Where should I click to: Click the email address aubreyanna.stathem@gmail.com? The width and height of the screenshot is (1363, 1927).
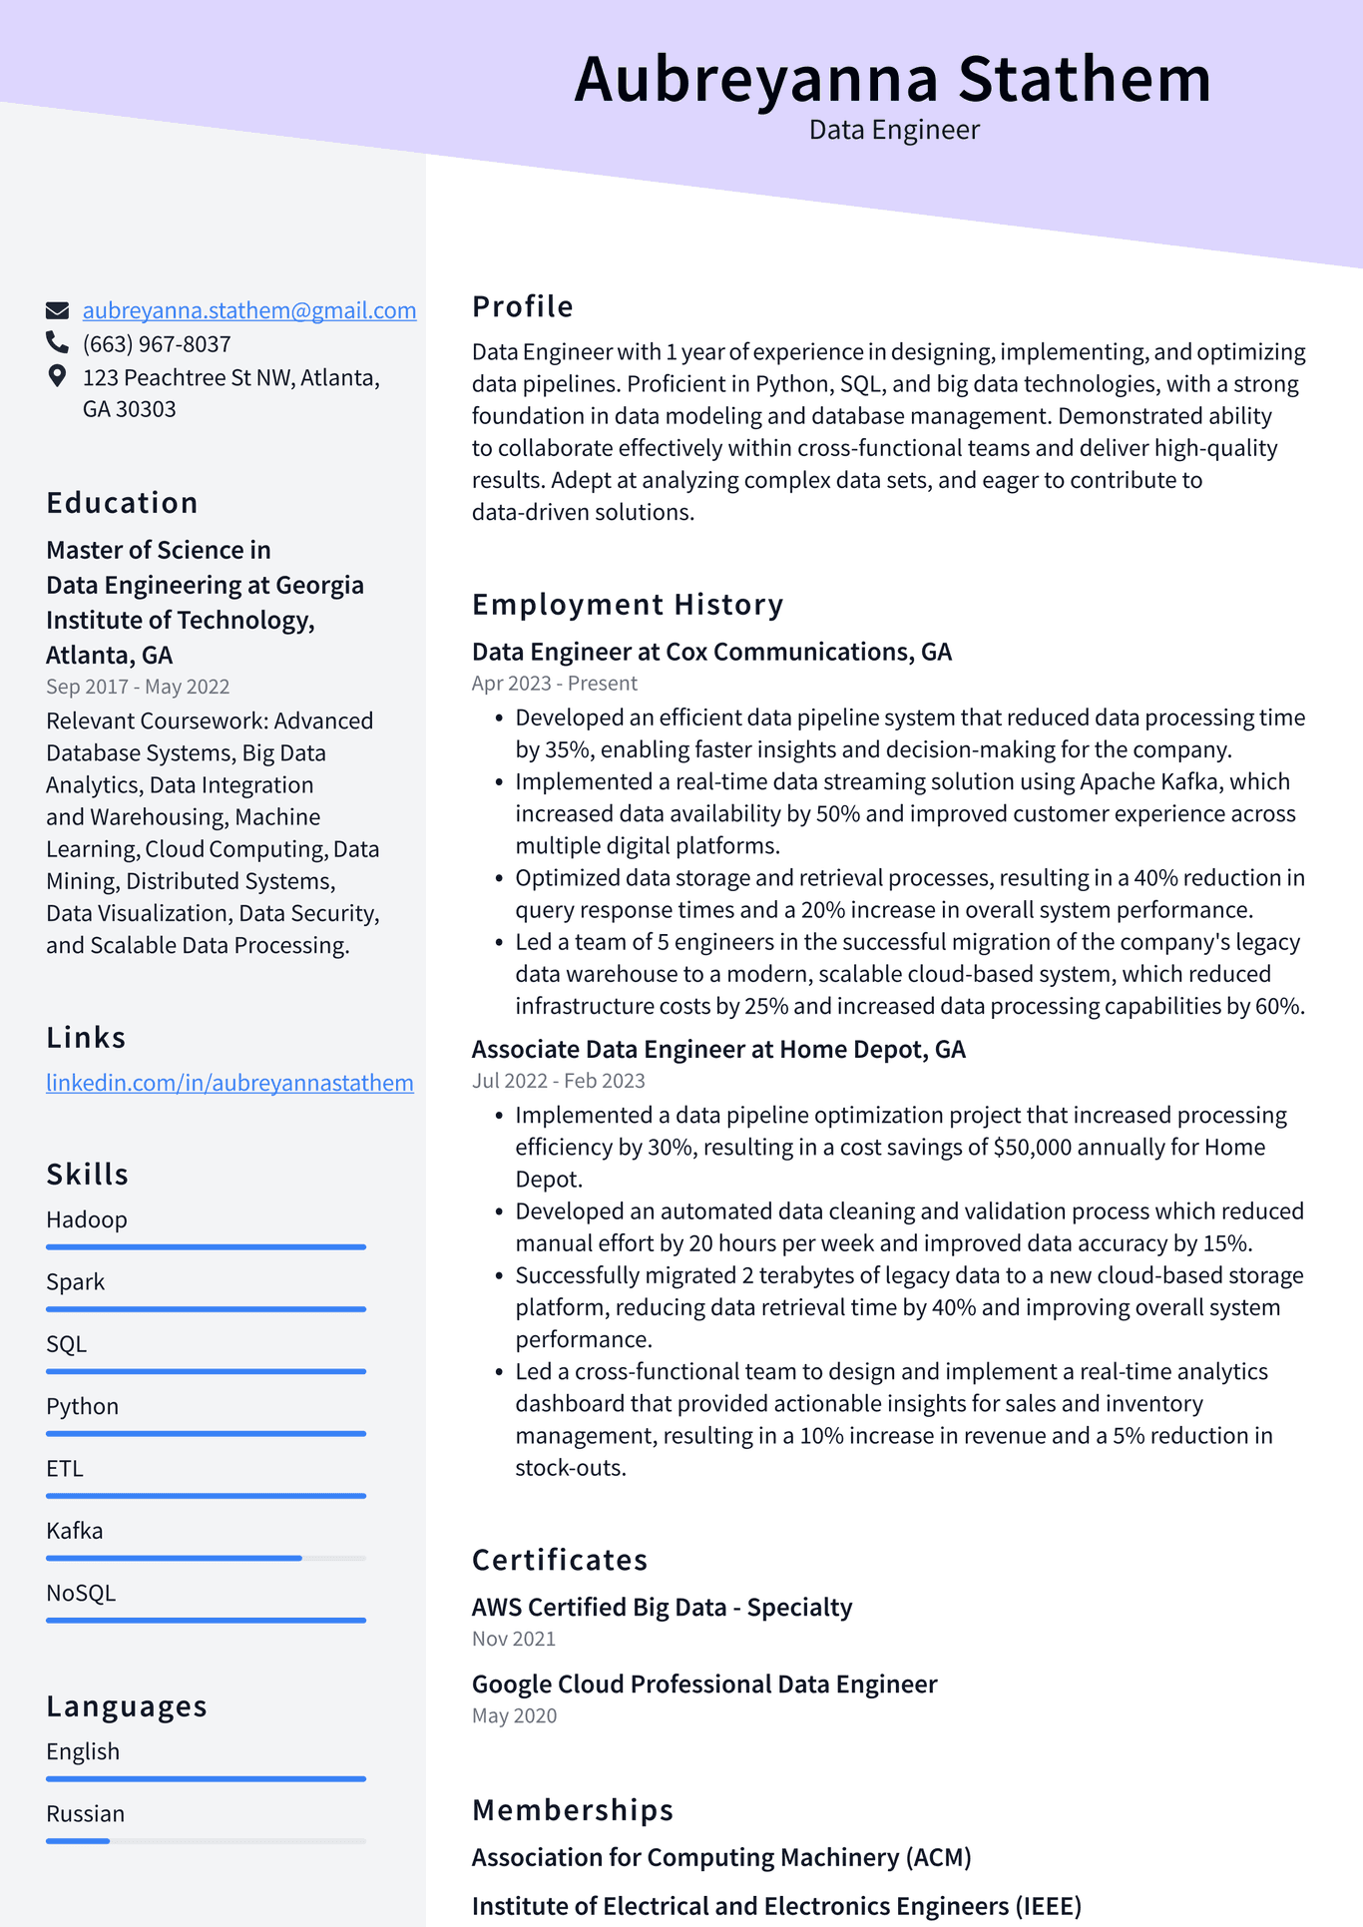248,310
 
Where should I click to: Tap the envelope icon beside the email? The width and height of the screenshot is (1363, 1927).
58,310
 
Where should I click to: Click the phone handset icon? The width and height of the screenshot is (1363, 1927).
57,343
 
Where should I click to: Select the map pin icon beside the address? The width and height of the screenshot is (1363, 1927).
57,376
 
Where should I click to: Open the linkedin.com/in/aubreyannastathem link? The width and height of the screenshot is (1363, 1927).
229,1083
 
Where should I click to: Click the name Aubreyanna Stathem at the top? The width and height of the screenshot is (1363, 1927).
892,79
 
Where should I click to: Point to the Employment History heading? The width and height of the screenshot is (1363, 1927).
628,604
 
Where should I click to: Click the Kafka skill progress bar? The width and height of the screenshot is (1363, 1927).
206,1558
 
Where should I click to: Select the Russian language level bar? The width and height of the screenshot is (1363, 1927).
206,1840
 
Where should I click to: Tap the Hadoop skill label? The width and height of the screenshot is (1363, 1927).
87,1219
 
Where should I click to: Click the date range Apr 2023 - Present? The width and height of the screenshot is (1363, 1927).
554,684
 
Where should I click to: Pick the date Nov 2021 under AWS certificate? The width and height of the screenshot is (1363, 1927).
513,1639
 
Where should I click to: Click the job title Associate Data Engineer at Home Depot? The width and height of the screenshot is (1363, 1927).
717,1049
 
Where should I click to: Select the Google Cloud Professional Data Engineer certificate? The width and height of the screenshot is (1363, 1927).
703,1685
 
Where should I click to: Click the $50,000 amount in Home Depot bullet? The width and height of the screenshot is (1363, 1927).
1031,1148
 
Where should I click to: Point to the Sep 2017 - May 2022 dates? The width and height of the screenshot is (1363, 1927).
138,687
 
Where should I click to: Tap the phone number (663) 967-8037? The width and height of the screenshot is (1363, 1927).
157,344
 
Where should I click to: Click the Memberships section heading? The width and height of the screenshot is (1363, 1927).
573,1809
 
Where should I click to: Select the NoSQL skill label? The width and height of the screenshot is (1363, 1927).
81,1593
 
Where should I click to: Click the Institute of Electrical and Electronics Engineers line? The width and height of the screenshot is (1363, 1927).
776,1906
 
